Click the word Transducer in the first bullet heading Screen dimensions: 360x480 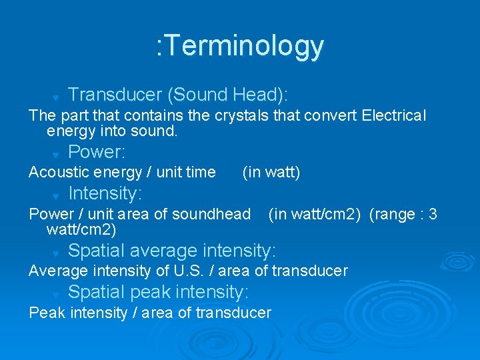click(x=115, y=95)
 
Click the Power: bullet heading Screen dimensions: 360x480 click(x=97, y=152)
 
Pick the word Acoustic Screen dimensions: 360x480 click(x=59, y=173)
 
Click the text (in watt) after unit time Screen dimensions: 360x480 click(x=271, y=173)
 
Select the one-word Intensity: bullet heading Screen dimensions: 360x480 click(x=105, y=193)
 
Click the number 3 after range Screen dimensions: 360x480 click(x=433, y=214)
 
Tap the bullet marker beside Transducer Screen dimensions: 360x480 click(x=57, y=97)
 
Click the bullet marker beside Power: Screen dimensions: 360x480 click(x=57, y=154)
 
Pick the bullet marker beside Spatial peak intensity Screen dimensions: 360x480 click(x=57, y=294)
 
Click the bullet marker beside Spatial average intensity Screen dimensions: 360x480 click(x=57, y=253)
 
